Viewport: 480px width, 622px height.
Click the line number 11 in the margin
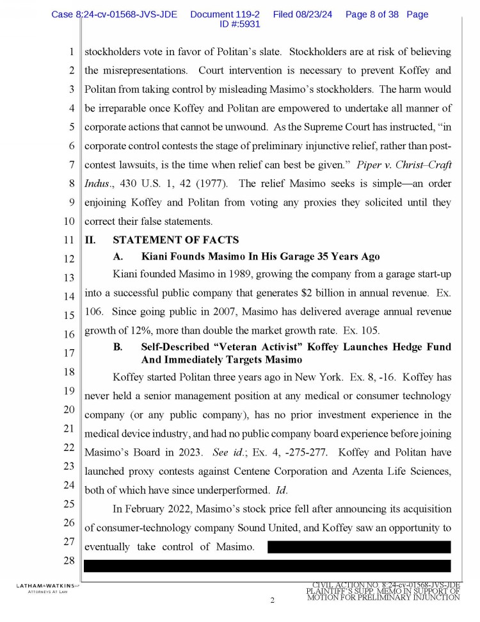(x=70, y=241)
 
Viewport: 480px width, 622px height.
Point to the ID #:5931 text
(x=239, y=24)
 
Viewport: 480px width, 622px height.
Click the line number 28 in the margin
(x=70, y=561)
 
